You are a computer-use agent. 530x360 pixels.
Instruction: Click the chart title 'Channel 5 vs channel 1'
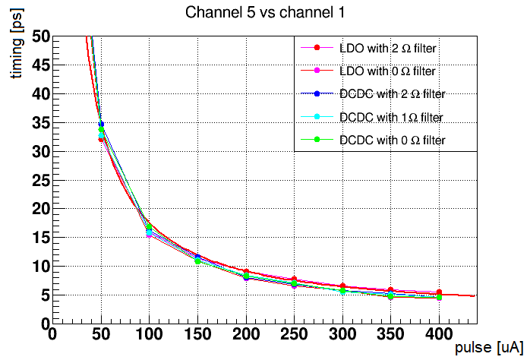tap(263, 13)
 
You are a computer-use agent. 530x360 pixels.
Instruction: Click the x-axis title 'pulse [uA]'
tap(488, 348)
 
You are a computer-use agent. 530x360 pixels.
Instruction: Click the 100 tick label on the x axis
tap(149, 334)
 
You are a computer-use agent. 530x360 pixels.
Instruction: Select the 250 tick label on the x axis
tap(294, 334)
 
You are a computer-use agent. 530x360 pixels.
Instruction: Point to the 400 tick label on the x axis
tap(439, 334)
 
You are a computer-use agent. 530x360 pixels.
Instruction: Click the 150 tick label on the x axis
tap(197, 334)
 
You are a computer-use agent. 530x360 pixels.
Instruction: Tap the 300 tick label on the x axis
tap(342, 334)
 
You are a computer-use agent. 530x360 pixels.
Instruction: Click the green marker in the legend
tap(318, 140)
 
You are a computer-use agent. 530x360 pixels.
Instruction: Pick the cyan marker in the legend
tap(318, 117)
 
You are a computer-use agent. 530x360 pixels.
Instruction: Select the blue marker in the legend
tap(318, 94)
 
